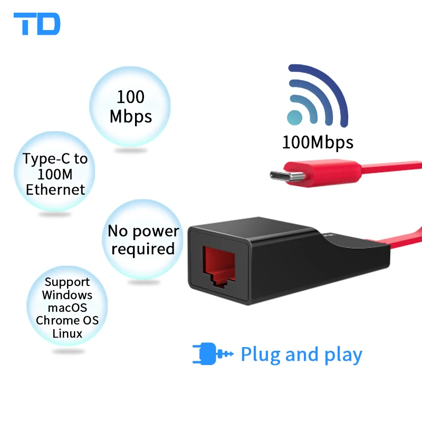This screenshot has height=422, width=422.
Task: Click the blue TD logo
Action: click(x=37, y=24)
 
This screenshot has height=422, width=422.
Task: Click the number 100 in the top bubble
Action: click(x=130, y=97)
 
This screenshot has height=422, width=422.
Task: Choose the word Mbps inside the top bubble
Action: click(x=130, y=116)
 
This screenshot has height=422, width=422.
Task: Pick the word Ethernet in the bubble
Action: click(x=55, y=189)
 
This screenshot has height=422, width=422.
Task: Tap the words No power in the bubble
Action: click(x=143, y=231)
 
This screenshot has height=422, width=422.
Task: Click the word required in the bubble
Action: click(x=143, y=249)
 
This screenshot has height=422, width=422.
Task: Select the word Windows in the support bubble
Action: click(x=67, y=295)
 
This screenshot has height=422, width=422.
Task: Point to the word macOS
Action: click(x=67, y=308)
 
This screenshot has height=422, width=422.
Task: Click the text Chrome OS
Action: click(x=67, y=320)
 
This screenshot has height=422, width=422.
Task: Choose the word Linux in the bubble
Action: click(x=67, y=333)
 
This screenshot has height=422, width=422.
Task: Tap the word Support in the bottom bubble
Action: click(x=67, y=282)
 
